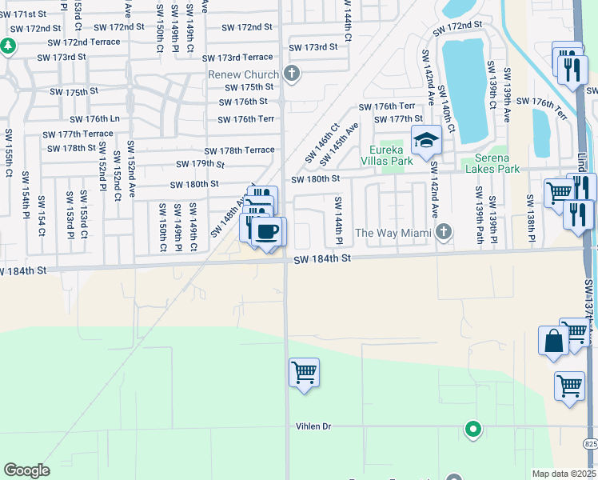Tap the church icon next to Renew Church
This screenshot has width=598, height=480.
[x=292, y=74]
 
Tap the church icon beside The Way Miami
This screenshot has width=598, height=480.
[x=444, y=232]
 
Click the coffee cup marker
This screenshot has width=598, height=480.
[x=267, y=232]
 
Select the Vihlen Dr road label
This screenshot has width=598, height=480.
[x=313, y=426]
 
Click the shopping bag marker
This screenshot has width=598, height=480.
[x=552, y=341]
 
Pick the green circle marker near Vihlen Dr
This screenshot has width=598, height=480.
[x=472, y=430]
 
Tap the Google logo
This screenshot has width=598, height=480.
[x=26, y=470]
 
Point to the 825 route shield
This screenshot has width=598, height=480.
[x=589, y=442]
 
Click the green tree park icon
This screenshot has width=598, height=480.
[x=8, y=46]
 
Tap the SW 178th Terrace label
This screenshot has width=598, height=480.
[x=239, y=150]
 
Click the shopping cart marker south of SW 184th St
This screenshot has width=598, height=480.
[x=304, y=373]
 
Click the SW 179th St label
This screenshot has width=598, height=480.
[x=200, y=164]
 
